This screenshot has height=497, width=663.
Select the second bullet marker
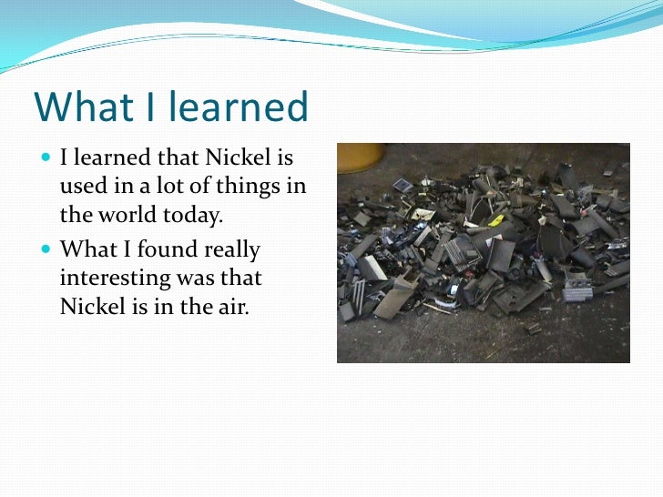point(46,248)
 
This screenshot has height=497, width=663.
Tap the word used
point(82,188)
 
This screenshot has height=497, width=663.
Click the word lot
point(170,188)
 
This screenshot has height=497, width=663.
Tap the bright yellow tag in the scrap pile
point(496,220)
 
